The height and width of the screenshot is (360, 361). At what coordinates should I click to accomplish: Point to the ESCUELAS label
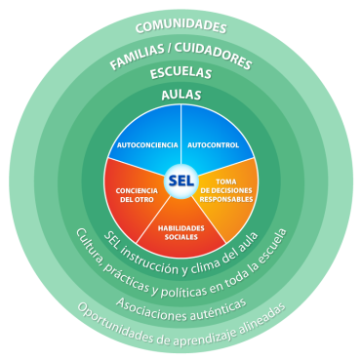click(180, 74)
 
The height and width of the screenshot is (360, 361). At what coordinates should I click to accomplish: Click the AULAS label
click(180, 95)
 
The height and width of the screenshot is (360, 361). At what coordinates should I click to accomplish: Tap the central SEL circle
click(180, 180)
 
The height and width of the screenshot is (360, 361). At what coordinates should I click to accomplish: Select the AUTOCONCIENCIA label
click(146, 144)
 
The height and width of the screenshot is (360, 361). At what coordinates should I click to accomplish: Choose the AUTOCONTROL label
click(213, 144)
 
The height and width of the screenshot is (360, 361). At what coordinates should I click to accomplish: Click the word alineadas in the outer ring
click(258, 306)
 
